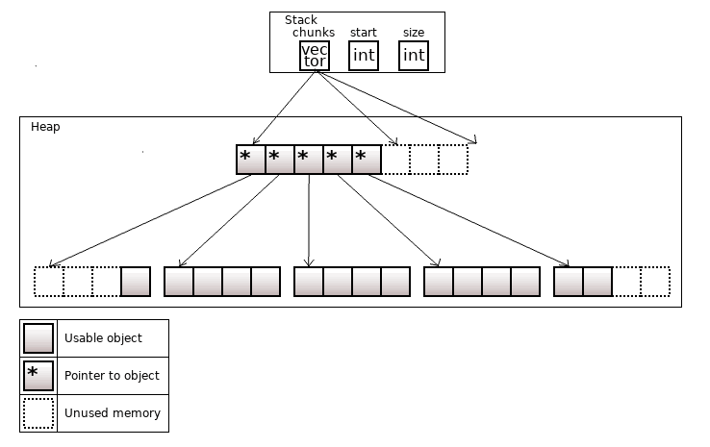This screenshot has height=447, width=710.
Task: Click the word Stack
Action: click(x=301, y=20)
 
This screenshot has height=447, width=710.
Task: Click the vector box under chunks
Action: click(x=315, y=56)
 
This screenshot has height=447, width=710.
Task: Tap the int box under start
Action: click(x=364, y=56)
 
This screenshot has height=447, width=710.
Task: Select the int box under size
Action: click(x=414, y=56)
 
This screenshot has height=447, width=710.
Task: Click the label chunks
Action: click(x=314, y=33)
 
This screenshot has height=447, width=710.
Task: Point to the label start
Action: click(x=363, y=33)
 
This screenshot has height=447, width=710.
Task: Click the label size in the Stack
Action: click(x=414, y=33)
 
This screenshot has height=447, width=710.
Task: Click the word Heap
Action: click(x=45, y=127)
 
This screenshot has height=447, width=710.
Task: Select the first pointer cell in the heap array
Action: click(x=250, y=160)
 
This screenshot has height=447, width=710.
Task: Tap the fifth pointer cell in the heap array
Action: click(x=367, y=160)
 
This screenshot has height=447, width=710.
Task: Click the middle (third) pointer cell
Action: click(x=308, y=160)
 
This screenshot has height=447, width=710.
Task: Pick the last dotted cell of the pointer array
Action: click(x=453, y=160)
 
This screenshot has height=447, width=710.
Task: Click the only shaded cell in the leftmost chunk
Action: click(x=136, y=282)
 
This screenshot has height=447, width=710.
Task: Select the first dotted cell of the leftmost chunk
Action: click(x=48, y=282)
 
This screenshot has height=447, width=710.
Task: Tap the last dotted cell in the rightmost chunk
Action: click(x=655, y=282)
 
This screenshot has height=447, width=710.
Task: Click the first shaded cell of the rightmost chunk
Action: click(x=569, y=282)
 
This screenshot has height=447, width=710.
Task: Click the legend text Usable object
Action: click(x=103, y=338)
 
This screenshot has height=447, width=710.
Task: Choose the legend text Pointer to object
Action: click(x=112, y=376)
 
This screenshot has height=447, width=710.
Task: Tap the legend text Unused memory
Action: click(x=112, y=413)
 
